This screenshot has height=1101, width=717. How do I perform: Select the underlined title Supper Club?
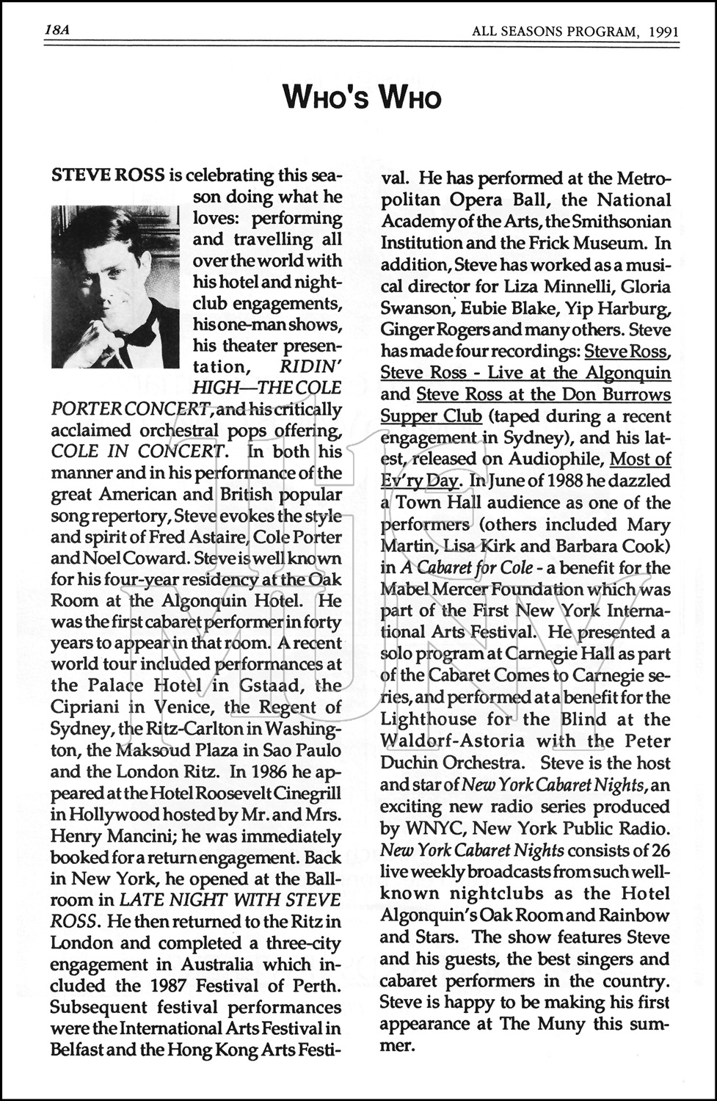[x=431, y=416]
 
